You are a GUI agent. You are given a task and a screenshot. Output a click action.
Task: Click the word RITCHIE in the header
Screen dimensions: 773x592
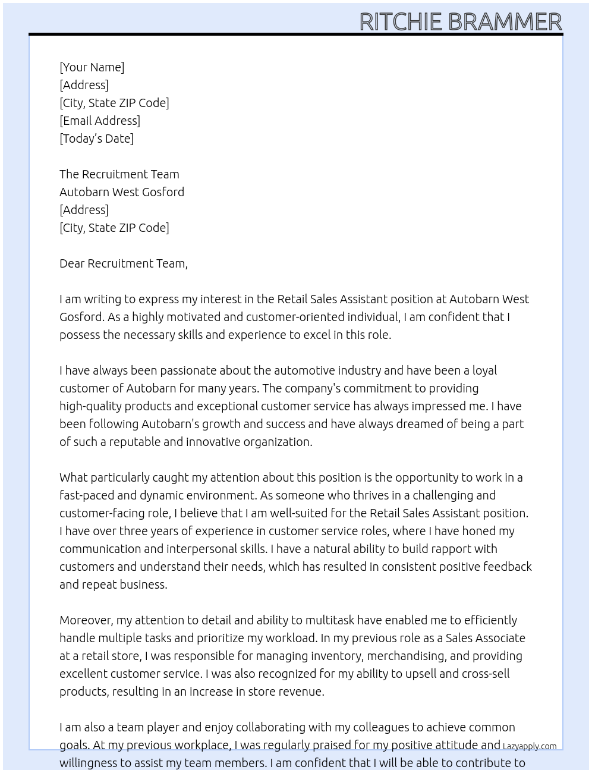tap(401, 22)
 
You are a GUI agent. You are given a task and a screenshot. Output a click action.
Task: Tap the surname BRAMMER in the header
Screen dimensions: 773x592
tap(505, 22)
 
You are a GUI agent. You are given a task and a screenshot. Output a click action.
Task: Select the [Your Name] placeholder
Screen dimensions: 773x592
tap(92, 67)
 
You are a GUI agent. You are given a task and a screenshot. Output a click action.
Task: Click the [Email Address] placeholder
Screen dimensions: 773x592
tap(100, 121)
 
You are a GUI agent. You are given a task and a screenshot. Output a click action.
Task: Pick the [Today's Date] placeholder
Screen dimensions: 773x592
tap(96, 139)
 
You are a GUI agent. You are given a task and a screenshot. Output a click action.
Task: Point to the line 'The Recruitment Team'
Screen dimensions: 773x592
tap(119, 174)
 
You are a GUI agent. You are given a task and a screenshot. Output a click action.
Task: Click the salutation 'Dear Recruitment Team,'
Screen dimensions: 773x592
tap(123, 263)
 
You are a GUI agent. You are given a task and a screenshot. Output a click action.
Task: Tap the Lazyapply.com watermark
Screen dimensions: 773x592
tap(529, 746)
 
